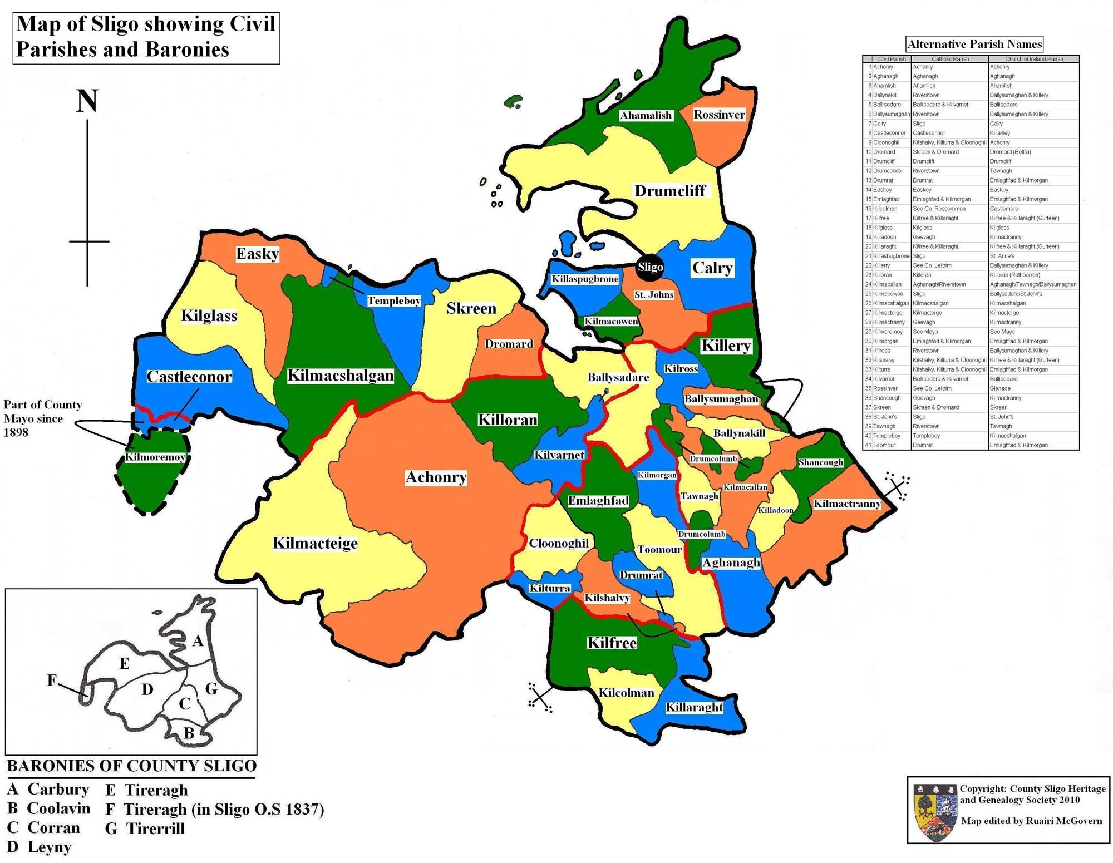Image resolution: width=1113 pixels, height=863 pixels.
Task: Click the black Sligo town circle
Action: [650, 267]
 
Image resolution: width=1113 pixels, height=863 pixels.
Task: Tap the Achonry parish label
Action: [436, 477]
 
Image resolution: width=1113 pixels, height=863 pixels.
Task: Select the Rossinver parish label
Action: [718, 115]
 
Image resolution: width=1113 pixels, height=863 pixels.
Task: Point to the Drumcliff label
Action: [670, 191]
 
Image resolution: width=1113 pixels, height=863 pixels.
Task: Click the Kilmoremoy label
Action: [155, 457]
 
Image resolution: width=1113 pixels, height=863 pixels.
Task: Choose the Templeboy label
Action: [394, 301]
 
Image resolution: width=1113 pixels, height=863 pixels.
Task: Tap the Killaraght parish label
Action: [695, 707]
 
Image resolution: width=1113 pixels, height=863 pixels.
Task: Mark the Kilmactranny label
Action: [847, 504]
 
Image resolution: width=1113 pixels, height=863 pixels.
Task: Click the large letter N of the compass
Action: [87, 102]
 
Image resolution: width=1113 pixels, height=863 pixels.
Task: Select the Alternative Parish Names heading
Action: [974, 44]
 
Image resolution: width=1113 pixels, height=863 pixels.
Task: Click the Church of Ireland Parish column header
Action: [1033, 59]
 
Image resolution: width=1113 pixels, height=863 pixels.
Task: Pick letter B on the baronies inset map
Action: [189, 733]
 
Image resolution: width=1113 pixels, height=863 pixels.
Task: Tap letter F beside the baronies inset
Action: [52, 680]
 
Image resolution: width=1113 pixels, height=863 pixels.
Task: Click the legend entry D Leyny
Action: [40, 847]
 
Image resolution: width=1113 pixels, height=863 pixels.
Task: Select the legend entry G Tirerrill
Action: [145, 828]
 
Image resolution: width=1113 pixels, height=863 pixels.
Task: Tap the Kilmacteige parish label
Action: [315, 543]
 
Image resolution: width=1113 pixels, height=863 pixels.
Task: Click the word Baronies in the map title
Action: [188, 50]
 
